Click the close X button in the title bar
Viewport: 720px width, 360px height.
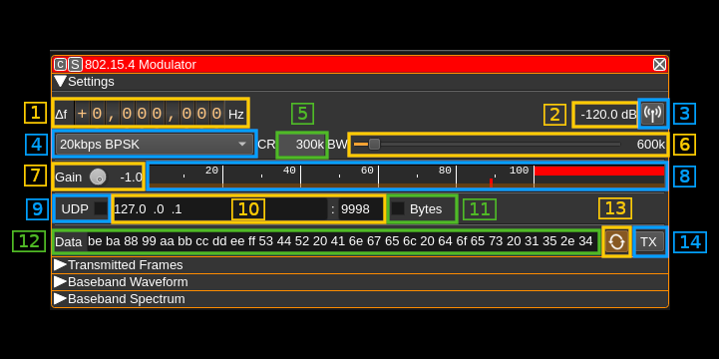[659, 65]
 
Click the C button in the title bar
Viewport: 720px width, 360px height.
[60, 65]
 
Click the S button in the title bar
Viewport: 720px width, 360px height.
[76, 65]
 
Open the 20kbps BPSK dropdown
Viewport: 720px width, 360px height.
[155, 145]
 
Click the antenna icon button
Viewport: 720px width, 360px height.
[653, 114]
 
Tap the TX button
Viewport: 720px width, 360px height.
[648, 242]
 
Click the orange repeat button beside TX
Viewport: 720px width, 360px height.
[616, 242]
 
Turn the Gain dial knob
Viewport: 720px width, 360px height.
[98, 177]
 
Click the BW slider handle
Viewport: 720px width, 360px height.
[374, 145]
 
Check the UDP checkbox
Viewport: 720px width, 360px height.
[100, 209]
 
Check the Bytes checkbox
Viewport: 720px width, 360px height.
[398, 209]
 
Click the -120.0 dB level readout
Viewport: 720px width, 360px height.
[608, 115]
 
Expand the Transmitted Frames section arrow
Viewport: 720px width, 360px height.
[60, 265]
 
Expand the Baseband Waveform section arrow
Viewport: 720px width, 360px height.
[60, 282]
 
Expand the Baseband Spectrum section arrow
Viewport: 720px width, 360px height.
[60, 299]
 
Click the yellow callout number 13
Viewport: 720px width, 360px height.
[615, 208]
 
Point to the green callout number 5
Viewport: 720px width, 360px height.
[302, 114]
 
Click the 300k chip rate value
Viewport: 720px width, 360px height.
[310, 145]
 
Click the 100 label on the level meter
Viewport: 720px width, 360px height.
[519, 171]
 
